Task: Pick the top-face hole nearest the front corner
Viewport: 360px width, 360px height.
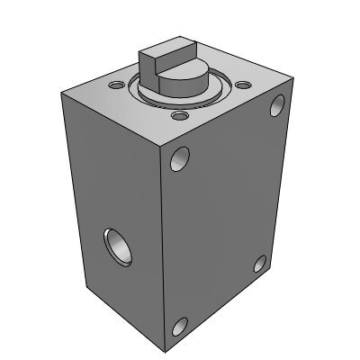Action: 180,116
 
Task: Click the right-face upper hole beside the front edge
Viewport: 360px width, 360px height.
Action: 181,160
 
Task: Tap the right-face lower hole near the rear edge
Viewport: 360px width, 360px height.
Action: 259,264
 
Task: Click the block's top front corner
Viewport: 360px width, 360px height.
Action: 162,146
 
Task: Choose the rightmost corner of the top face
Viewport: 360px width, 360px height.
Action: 290,85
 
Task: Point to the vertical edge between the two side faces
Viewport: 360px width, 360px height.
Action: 162,252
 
